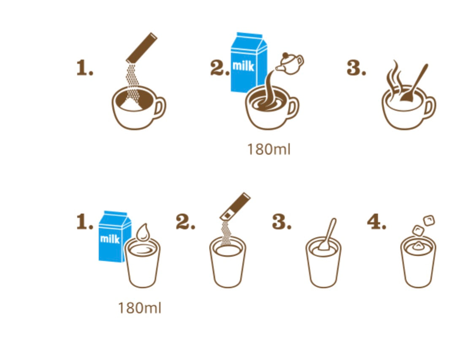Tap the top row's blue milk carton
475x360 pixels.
pyautogui.click(x=248, y=62)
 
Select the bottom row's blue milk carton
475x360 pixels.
pyautogui.click(x=114, y=237)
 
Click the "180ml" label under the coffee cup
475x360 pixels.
pyautogui.click(x=269, y=149)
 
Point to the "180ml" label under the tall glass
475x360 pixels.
pyautogui.click(x=140, y=308)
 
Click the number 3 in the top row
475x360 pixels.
pyautogui.click(x=356, y=68)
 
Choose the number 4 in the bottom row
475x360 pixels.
pyautogui.click(x=377, y=222)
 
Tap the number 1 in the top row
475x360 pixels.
pyautogui.click(x=84, y=68)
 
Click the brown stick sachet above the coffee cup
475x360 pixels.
pyautogui.click(x=142, y=48)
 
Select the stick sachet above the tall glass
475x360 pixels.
pyautogui.click(x=235, y=206)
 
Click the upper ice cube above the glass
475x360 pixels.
pyautogui.click(x=429, y=221)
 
